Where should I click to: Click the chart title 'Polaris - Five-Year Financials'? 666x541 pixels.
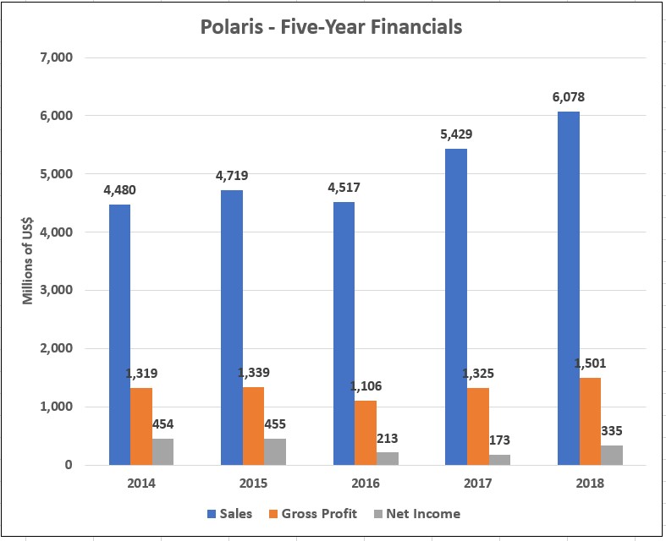coord(331,27)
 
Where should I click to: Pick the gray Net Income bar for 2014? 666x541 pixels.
coord(163,451)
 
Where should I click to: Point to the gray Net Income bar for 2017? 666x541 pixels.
coord(499,459)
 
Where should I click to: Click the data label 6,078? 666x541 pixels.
coord(568,97)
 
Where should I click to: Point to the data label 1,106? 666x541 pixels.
coord(366,385)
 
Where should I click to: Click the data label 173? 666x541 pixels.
coord(499,440)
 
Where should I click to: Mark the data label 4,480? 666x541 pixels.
coord(118,189)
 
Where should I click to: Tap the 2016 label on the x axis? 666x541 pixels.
coord(366,484)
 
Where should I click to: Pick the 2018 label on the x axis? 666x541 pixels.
coord(590,484)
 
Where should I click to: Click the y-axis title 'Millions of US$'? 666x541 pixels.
coord(27,260)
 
